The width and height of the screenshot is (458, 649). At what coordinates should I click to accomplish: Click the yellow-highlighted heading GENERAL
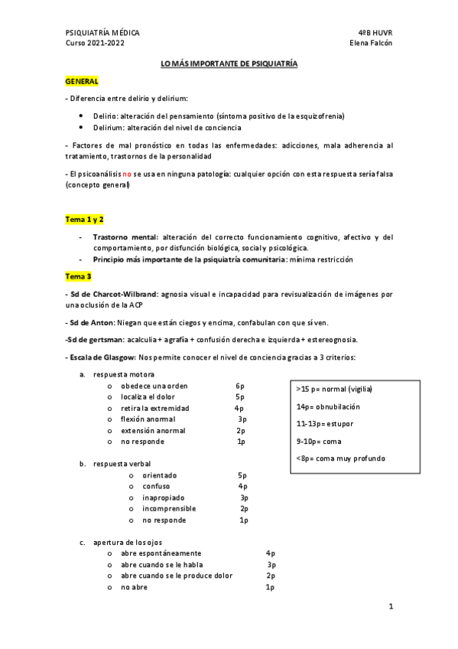[x=82, y=80]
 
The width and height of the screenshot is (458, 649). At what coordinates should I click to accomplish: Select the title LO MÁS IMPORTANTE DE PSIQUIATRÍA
[x=229, y=64]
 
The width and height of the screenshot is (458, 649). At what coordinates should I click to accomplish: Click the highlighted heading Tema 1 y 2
[x=84, y=219]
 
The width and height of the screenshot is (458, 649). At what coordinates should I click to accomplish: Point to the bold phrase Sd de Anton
[x=89, y=321]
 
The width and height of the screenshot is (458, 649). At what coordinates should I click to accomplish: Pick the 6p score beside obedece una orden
[x=240, y=386]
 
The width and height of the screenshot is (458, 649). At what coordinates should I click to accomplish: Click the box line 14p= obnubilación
[x=327, y=407]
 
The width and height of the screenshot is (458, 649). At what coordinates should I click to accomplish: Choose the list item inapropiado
[x=164, y=497]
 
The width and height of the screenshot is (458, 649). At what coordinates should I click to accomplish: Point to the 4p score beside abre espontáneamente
[x=270, y=553]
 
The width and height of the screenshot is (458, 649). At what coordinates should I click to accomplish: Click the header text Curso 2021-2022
[x=96, y=44]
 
